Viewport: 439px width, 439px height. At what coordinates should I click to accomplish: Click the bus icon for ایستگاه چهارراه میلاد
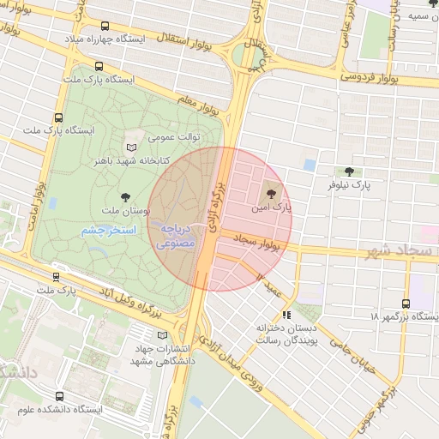(105, 27)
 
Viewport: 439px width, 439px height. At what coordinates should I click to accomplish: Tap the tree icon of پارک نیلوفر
(348, 171)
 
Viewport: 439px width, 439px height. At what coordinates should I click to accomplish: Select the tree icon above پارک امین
(273, 193)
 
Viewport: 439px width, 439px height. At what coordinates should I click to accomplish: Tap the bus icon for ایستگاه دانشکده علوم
(59, 396)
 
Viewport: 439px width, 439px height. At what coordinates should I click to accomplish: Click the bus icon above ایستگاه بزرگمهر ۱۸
(406, 304)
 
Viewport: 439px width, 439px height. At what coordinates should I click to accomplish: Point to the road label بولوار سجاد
(257, 246)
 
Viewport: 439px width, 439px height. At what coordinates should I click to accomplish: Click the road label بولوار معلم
(199, 108)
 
